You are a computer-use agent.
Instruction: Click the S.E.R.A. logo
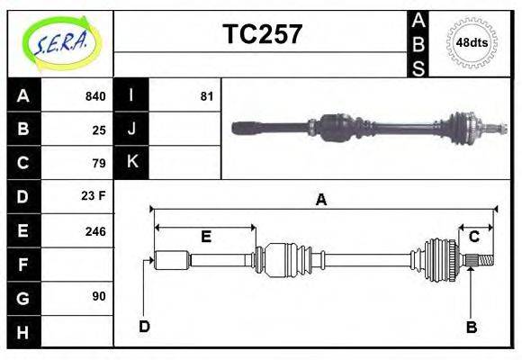click(x=60, y=43)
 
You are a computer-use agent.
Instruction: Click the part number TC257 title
click(x=262, y=34)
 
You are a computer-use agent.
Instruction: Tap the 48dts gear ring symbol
click(x=472, y=42)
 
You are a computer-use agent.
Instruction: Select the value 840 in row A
click(x=94, y=96)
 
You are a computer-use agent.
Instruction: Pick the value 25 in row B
click(x=99, y=130)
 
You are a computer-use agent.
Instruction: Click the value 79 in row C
click(x=99, y=163)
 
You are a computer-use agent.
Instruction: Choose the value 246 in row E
click(x=94, y=230)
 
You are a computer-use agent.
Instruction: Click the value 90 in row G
click(x=99, y=296)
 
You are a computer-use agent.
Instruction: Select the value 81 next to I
click(x=206, y=96)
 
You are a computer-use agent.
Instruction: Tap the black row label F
click(x=23, y=264)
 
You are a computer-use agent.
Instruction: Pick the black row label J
click(x=131, y=130)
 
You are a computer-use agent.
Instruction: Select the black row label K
click(x=131, y=163)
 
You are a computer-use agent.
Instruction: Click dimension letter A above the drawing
click(x=320, y=200)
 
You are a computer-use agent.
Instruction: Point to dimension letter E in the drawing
click(x=205, y=237)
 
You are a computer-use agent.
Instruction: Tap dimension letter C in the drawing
click(x=473, y=237)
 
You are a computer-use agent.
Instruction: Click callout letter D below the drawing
click(x=143, y=326)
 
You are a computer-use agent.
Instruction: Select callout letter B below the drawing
click(x=471, y=327)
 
